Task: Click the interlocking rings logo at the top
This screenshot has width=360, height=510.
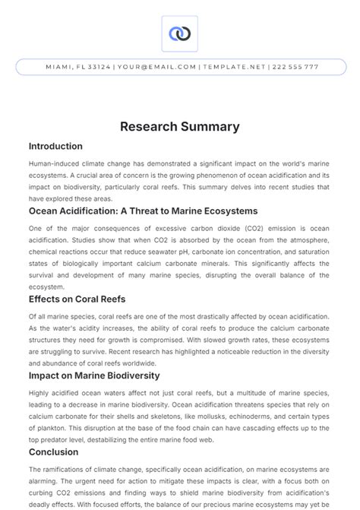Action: tap(180, 33)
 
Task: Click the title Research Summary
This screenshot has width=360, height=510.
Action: tap(180, 126)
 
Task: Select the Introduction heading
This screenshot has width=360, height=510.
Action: tap(55, 146)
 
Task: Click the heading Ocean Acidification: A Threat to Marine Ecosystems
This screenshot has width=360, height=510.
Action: tap(143, 211)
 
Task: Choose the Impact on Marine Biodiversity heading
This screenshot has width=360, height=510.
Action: tap(94, 375)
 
